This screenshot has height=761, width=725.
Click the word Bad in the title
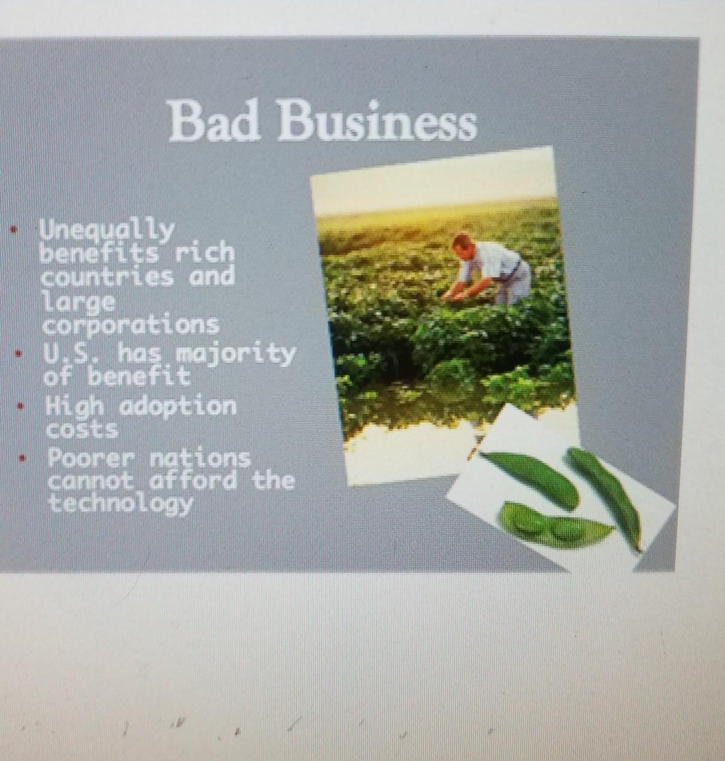tap(215, 121)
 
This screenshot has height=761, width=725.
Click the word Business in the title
tap(377, 121)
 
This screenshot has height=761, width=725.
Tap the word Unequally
tap(107, 231)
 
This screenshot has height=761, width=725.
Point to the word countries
tap(107, 277)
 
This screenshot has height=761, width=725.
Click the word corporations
tap(131, 325)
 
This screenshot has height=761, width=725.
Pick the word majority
tap(236, 355)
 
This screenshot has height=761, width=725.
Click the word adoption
tap(177, 407)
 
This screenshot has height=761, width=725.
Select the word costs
tap(82, 429)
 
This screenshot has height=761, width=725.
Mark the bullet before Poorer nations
tap(23, 458)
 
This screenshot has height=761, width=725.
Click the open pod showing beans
tap(555, 526)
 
